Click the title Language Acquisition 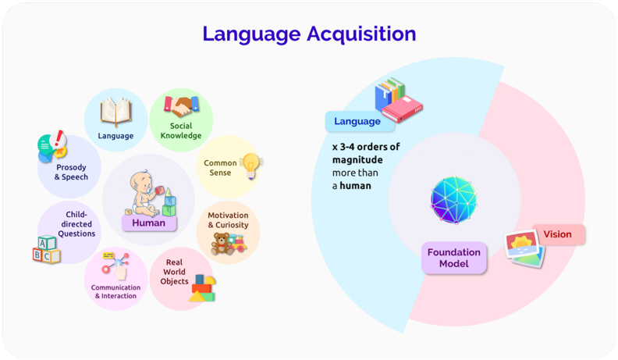click(x=309, y=34)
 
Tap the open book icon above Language click(x=115, y=111)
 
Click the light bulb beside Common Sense click(x=250, y=164)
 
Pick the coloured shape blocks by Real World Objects click(x=202, y=287)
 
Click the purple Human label click(x=148, y=223)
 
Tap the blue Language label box click(x=357, y=121)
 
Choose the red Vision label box click(x=558, y=233)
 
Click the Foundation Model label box click(x=454, y=257)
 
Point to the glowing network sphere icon click(x=453, y=199)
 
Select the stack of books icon click(x=398, y=100)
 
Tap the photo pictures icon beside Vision click(x=524, y=249)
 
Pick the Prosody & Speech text click(x=71, y=171)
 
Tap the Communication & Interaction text click(x=115, y=291)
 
